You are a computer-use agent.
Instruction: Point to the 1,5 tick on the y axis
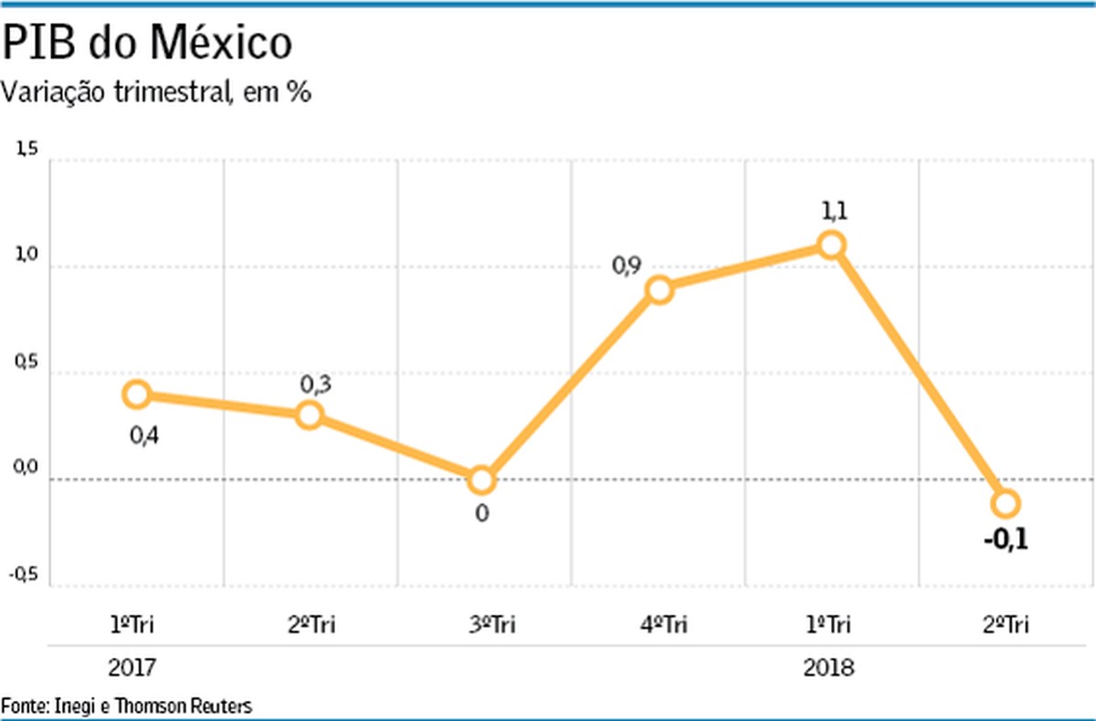pyautogui.click(x=26, y=152)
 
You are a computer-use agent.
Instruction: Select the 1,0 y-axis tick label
pyautogui.click(x=26, y=258)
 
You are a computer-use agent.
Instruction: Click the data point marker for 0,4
pyautogui.click(x=137, y=395)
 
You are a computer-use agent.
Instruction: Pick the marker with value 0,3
pyautogui.click(x=310, y=415)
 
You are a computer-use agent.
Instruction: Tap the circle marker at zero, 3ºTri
pyautogui.click(x=481, y=480)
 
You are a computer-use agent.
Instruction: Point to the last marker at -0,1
pyautogui.click(x=1006, y=503)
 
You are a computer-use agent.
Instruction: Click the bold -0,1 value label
pyautogui.click(x=1006, y=540)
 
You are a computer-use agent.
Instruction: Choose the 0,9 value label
pyautogui.click(x=627, y=266)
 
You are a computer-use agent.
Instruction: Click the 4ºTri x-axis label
pyautogui.click(x=659, y=626)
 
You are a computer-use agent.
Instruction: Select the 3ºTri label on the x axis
pyautogui.click(x=485, y=626)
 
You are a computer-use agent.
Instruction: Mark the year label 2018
pyautogui.click(x=829, y=669)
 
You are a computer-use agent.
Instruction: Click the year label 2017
pyautogui.click(x=132, y=669)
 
